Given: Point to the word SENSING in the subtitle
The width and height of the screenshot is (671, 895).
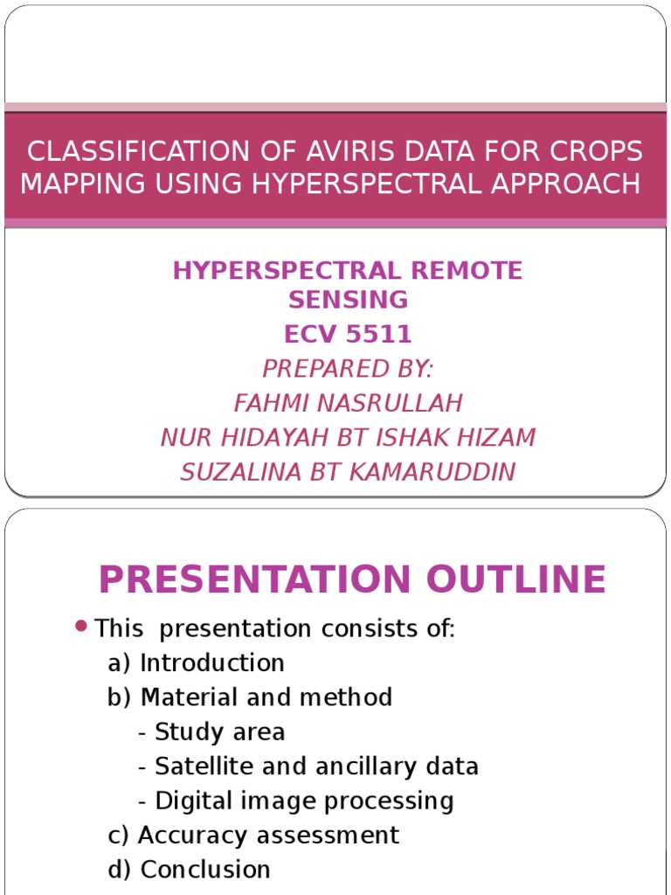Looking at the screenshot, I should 348,300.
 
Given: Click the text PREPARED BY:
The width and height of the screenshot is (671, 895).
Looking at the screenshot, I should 348,369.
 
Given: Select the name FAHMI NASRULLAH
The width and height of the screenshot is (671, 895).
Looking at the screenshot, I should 348,403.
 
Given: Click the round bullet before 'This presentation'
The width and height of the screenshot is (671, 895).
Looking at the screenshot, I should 81,626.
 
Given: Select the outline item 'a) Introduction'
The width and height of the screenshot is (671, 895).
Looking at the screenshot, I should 197,663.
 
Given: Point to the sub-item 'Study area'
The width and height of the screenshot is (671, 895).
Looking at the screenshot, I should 219,732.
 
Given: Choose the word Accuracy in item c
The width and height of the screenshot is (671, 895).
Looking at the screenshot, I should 190,835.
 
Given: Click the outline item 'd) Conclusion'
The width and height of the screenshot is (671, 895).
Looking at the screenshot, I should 190,870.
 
